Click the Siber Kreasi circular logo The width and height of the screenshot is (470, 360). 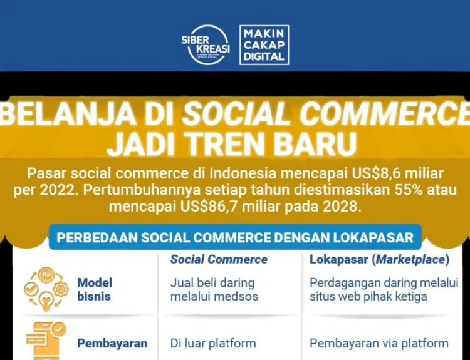(x=206, y=44)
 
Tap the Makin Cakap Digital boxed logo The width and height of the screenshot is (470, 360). (x=264, y=45)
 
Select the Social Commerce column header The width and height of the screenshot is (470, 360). (x=219, y=259)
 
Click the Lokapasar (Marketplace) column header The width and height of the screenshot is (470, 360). (x=380, y=260)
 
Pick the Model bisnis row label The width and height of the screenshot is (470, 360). (x=95, y=289)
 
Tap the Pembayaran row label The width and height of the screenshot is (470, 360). (x=112, y=343)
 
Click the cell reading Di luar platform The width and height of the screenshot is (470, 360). (x=213, y=343)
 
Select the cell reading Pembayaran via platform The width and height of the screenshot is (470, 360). (x=379, y=343)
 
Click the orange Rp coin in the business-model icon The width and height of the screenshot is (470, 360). (x=46, y=274)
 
